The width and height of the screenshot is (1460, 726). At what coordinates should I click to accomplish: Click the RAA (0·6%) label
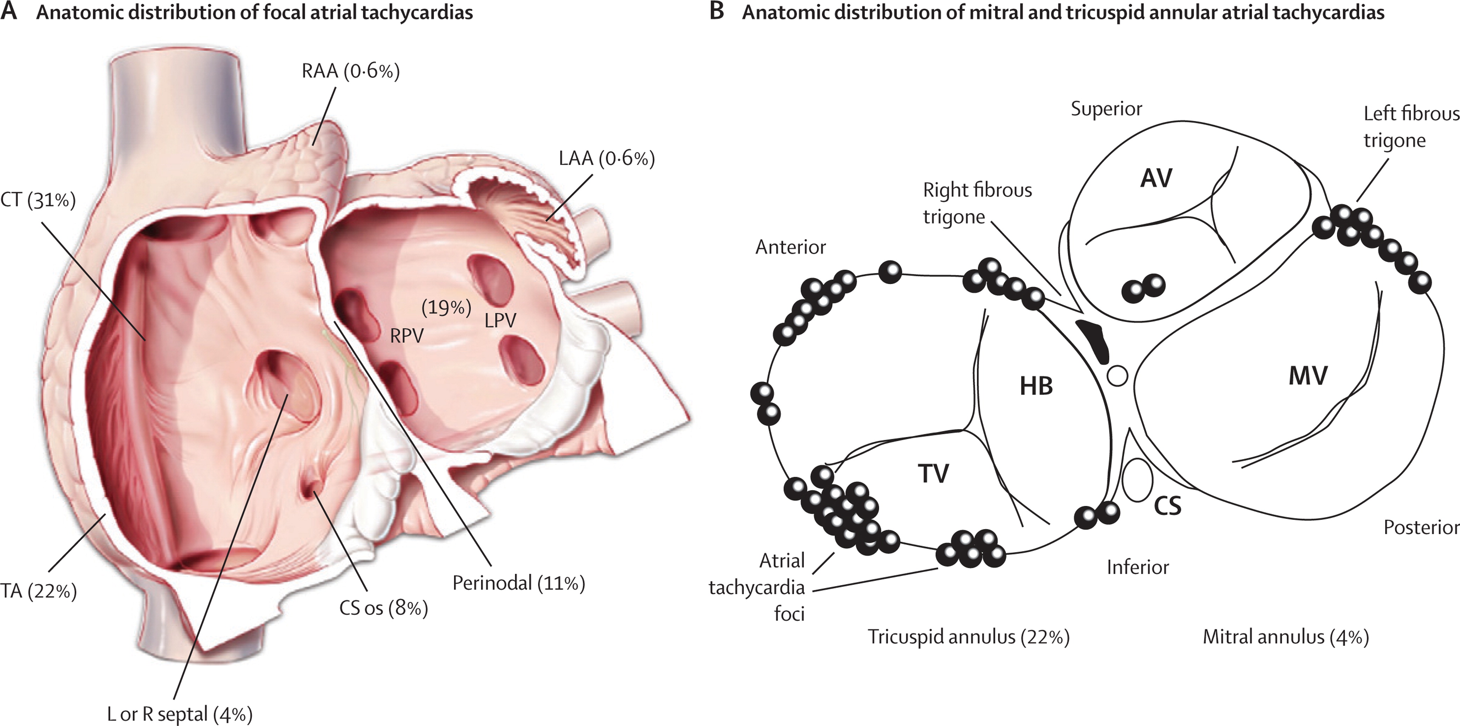point(350,71)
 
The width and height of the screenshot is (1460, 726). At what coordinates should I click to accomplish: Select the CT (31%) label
point(38,200)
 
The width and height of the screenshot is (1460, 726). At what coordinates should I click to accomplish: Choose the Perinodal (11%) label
point(518,583)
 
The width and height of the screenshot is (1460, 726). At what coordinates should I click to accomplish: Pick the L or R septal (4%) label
point(180,714)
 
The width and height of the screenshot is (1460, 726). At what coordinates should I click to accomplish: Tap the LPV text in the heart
point(500,321)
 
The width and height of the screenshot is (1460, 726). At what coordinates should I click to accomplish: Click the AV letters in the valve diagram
point(1156,179)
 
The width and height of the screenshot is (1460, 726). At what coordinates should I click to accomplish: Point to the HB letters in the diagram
point(1036,386)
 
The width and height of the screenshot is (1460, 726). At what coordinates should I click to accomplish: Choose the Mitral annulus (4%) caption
point(1285,637)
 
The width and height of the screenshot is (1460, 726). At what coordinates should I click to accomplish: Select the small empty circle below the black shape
point(1117,375)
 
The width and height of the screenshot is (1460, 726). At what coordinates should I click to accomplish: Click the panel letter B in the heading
point(716,11)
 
